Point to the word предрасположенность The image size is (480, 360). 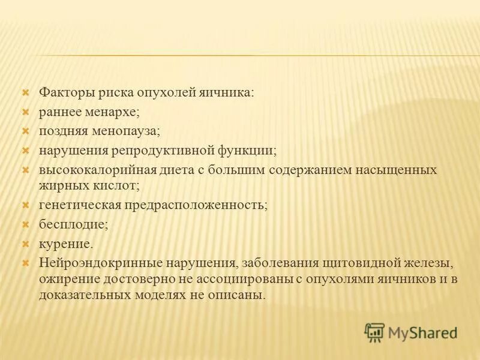pos(195,205)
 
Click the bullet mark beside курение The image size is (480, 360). pos(25,244)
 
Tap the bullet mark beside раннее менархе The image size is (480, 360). pos(25,112)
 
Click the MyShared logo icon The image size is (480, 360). pos(374,332)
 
